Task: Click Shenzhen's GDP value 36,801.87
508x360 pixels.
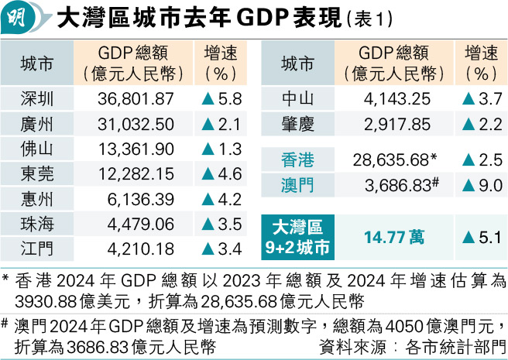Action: coord(136,99)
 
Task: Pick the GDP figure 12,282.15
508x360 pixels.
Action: coord(136,174)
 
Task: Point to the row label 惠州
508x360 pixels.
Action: coord(37,199)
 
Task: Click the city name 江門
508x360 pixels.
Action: coord(37,249)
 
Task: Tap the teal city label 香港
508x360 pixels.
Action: coord(297,160)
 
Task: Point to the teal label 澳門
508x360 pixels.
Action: coord(297,185)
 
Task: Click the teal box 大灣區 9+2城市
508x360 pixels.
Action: coord(297,236)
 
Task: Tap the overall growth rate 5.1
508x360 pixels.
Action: coord(481,236)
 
